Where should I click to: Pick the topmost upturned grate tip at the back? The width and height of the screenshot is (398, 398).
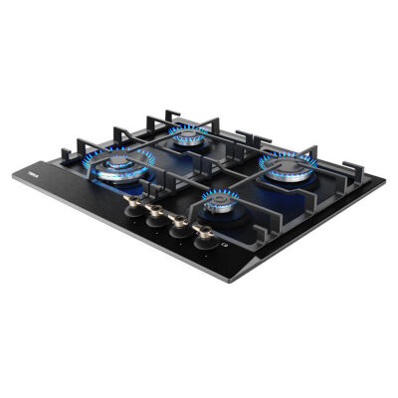[x=152, y=116]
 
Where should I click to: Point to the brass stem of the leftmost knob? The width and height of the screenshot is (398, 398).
[x=133, y=202]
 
